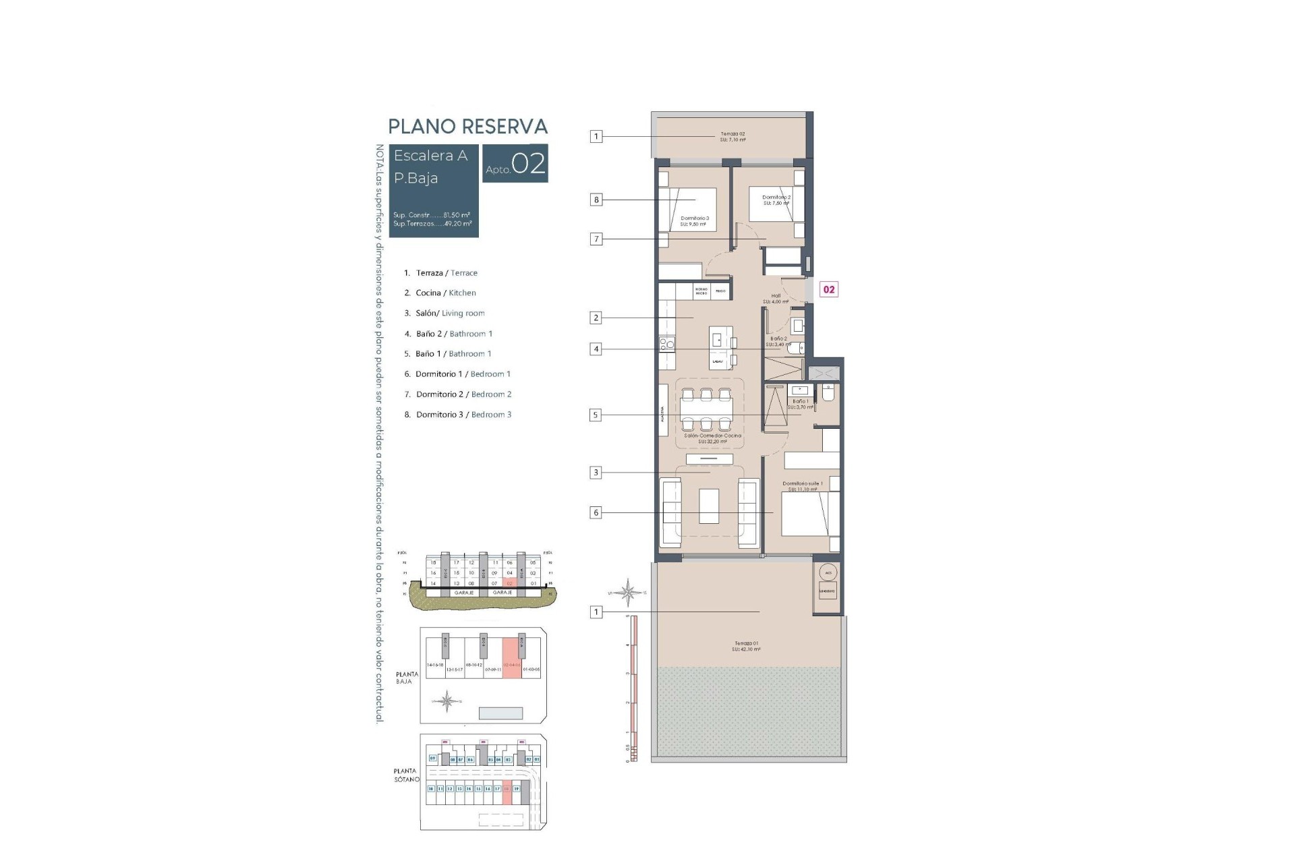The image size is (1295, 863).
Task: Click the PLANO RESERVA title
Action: click(x=467, y=127)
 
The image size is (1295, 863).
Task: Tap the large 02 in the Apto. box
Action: click(x=528, y=164)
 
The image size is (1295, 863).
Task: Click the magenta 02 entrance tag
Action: click(x=828, y=289)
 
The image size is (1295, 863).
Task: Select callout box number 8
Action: click(x=596, y=200)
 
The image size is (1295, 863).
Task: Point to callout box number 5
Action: click(x=596, y=415)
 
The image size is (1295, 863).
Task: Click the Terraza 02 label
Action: click(x=732, y=137)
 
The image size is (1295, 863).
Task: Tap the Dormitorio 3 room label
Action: click(x=694, y=221)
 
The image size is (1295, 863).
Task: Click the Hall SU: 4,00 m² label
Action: click(x=776, y=299)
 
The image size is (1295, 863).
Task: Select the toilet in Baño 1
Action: click(x=828, y=392)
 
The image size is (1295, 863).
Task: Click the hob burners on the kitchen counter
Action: click(x=666, y=345)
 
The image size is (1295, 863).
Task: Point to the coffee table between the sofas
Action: click(x=709, y=506)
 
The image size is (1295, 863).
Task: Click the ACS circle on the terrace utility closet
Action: click(x=828, y=572)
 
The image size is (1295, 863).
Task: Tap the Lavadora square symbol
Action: click(x=827, y=591)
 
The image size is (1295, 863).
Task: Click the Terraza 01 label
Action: click(x=746, y=646)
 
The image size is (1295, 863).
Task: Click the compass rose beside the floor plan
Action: click(x=628, y=593)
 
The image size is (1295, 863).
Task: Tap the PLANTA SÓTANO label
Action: click(x=407, y=775)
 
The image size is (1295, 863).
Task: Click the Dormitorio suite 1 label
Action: click(x=802, y=486)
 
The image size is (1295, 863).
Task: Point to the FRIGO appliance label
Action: click(x=720, y=291)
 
